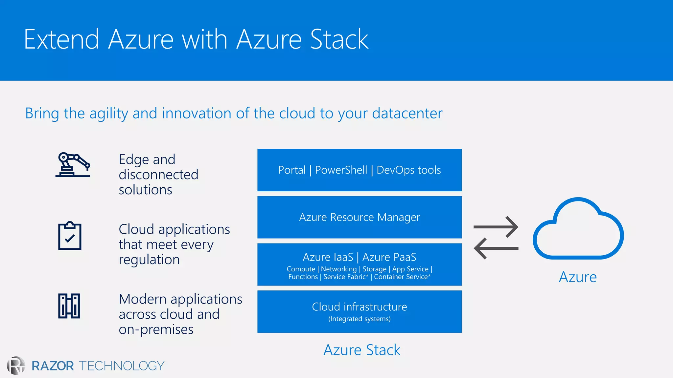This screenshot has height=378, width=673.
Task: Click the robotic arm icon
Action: tap(73, 165)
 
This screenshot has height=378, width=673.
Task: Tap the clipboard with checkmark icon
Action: tap(70, 236)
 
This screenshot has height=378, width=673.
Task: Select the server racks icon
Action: tap(69, 306)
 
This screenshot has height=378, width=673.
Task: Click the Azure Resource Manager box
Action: tap(360, 217)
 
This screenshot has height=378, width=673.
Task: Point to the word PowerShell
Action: tap(341, 170)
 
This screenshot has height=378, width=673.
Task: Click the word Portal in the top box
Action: tap(292, 170)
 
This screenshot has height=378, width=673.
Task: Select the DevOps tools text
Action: tap(408, 170)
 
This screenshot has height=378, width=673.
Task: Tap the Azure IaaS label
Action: tap(328, 257)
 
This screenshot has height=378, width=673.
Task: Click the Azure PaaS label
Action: tap(389, 257)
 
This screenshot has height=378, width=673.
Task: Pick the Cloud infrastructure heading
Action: tap(360, 307)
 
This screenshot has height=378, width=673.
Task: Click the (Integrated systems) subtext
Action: tap(360, 319)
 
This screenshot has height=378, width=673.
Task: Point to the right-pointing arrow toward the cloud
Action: tap(496, 227)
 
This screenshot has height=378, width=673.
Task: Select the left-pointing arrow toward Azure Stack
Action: tap(496, 248)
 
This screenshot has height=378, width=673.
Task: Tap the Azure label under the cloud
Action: tap(578, 277)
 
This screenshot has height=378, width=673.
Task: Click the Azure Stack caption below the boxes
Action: tap(362, 350)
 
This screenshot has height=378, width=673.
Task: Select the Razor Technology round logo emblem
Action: tap(16, 366)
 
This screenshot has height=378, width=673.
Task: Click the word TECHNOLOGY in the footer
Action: tap(122, 366)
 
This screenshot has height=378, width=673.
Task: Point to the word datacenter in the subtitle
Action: tap(407, 113)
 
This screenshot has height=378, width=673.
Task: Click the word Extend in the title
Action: tap(61, 39)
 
